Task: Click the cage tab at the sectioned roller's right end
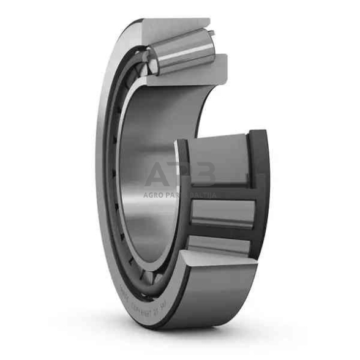point(211,33)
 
